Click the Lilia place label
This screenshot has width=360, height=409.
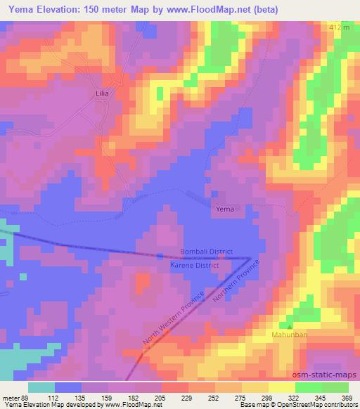pyautogui.click(x=103, y=92)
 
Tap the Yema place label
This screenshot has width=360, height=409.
pyautogui.click(x=224, y=209)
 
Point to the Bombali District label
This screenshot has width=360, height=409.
pyautogui.click(x=206, y=251)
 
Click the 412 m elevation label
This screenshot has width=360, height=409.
pyautogui.click(x=340, y=27)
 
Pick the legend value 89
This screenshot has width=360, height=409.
pyautogui.click(x=23, y=397)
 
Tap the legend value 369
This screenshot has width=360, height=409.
pyautogui.click(x=347, y=397)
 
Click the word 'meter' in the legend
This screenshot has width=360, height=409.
pyautogui.click(x=9, y=397)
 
